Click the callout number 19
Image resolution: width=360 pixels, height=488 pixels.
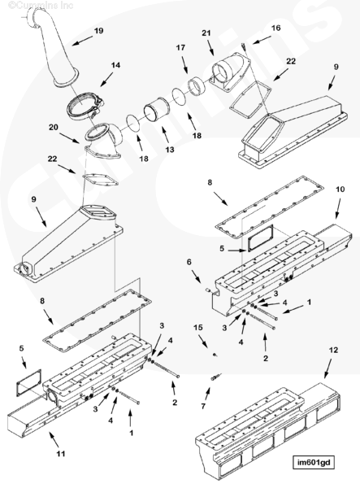point(98,31)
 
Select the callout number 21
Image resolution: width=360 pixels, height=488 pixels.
point(206,33)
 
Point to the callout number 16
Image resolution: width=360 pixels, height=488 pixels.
point(275,28)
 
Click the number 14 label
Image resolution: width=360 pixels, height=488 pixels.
point(115,65)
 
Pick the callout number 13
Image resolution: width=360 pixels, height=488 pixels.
point(170,150)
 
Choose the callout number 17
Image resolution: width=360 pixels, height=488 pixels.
point(180,48)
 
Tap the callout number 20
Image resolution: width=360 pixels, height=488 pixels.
point(54,128)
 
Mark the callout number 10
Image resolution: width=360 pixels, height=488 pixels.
point(340,189)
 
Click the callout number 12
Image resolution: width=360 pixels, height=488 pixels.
point(333,350)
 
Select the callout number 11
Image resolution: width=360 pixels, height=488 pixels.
point(61,454)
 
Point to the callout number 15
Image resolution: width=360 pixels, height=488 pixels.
point(198,327)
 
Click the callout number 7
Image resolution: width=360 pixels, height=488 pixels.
point(203,407)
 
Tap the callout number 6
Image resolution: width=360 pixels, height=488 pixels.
point(189,262)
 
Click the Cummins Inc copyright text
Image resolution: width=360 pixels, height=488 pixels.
point(41,5)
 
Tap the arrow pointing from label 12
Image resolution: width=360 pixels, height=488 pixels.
point(327,368)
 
